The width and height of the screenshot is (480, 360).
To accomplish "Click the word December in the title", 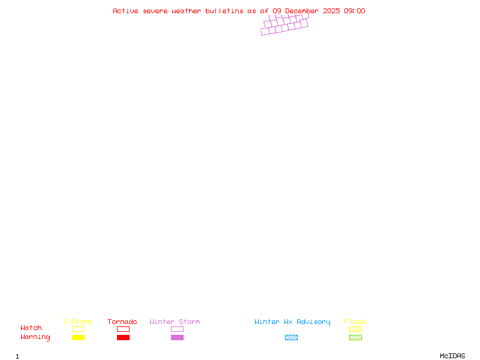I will click(302, 11).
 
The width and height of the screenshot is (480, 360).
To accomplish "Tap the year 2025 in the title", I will click(332, 11).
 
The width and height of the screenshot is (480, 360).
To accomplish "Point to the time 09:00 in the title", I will click(354, 11).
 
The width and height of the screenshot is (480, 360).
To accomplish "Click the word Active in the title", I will click(125, 11).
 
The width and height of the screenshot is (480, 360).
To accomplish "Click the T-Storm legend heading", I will click(77, 322).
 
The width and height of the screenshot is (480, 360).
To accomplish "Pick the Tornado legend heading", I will click(122, 322).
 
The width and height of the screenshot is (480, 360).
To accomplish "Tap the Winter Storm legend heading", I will click(175, 322).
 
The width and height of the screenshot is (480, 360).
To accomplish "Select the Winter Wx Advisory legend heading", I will click(292, 322).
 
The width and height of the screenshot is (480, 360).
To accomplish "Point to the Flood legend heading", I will click(355, 322).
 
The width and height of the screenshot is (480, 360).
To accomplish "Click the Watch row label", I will click(31, 328).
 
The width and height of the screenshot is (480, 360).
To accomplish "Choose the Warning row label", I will click(35, 337).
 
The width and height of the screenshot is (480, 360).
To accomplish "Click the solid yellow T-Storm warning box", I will click(78, 338).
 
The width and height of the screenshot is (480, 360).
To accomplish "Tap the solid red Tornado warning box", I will click(123, 338).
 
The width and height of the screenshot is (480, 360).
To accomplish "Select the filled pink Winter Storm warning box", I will click(177, 338).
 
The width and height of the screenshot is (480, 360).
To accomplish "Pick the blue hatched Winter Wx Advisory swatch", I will click(291, 338).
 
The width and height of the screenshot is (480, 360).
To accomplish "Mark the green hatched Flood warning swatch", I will click(355, 338).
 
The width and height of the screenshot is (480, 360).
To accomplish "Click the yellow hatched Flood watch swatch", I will click(355, 329).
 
